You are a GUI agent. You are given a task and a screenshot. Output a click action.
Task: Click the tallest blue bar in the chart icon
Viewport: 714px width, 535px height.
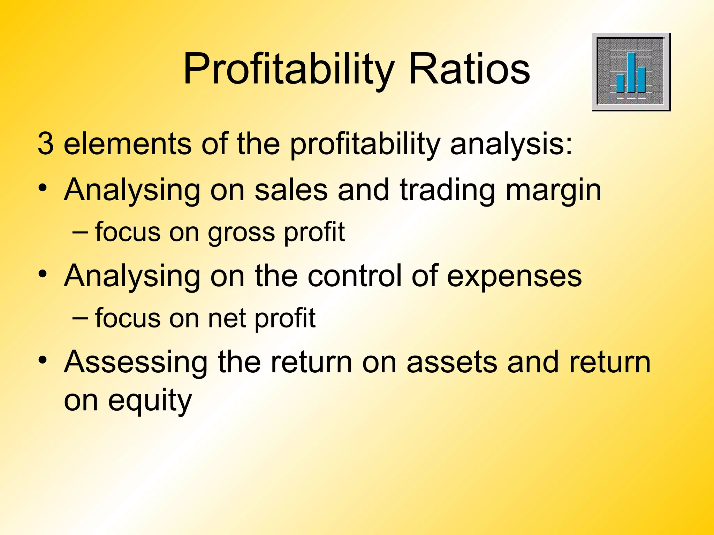pos(631,72)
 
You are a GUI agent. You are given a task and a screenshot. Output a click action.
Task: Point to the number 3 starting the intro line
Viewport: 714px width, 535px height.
pos(46,144)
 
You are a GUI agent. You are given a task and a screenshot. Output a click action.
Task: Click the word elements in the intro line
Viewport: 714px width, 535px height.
pos(127,144)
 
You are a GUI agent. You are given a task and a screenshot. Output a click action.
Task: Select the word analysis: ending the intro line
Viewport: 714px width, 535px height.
pos(511,144)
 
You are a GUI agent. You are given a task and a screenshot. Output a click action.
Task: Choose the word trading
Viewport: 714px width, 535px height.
pos(447,190)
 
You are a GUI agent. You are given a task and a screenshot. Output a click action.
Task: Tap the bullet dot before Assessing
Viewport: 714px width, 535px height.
pos(43,360)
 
